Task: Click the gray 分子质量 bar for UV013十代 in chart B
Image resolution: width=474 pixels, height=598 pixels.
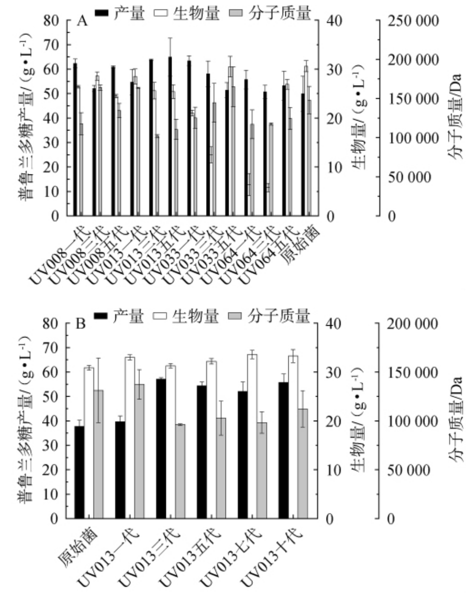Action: pyautogui.click(x=302, y=463)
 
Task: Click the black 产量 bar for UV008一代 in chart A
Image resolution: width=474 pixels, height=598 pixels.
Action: pyautogui.click(x=75, y=139)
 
